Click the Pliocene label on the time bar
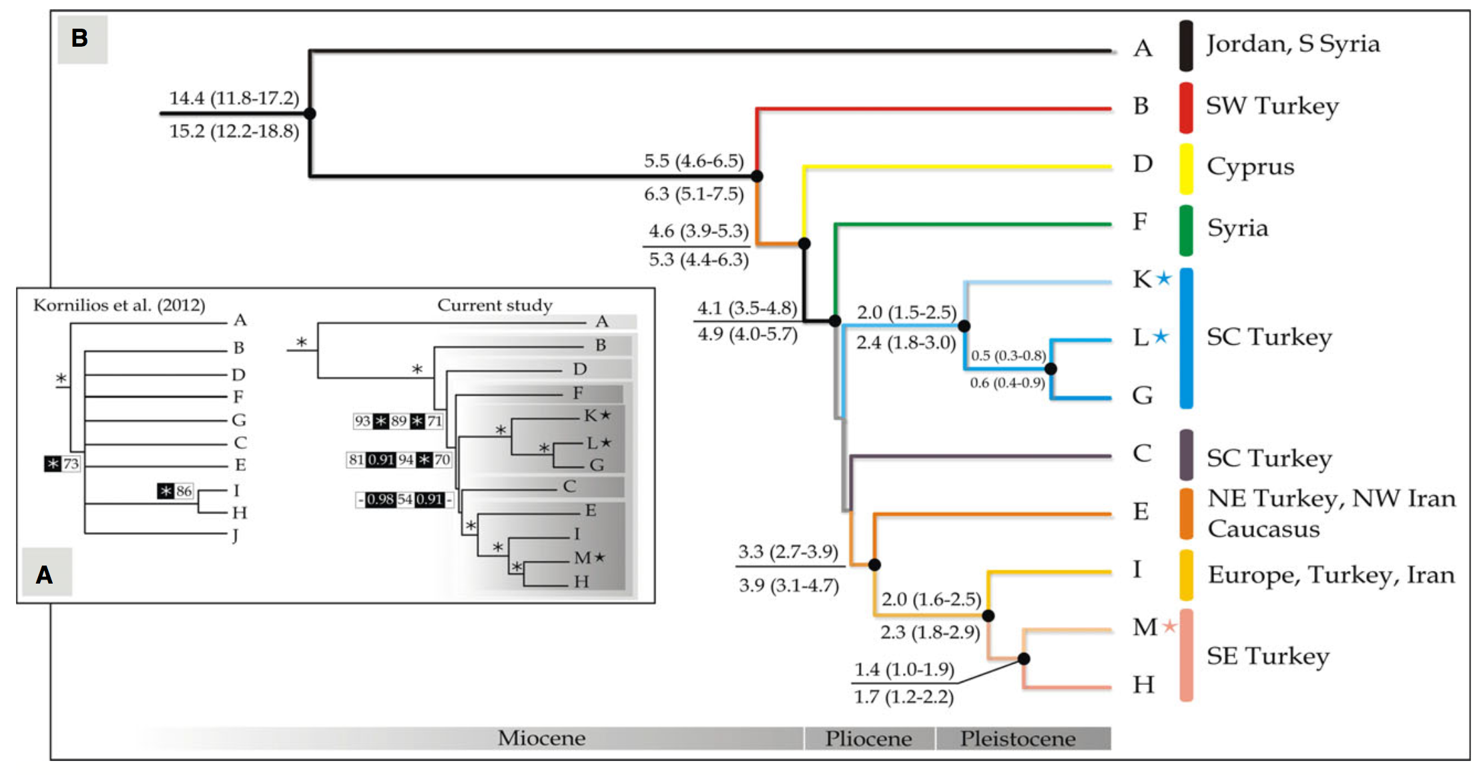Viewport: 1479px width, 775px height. pos(868,739)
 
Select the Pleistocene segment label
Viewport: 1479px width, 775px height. pos(1018,739)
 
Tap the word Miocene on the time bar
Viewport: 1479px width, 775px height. pos(541,738)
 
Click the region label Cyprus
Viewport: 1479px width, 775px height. pos(1250,167)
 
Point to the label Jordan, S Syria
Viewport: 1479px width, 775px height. pos(1293,44)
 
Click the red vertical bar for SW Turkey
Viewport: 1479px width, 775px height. pos(1186,107)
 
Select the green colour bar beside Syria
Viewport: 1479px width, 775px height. pos(1186,230)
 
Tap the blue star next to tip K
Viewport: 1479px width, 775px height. pos(1164,278)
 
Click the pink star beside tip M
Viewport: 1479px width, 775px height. pos(1169,626)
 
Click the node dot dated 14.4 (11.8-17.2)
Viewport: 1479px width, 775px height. pos(310,113)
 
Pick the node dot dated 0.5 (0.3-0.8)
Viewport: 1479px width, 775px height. pos(1051,369)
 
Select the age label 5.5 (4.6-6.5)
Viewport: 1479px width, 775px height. pos(693,161)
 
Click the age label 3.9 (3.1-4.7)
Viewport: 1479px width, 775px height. pos(788,586)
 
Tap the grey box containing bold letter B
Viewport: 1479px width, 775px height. pos(81,39)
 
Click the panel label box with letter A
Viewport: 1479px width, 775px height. pos(45,574)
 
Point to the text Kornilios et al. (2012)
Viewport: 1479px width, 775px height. pos(119,305)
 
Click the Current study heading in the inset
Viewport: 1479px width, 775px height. pos(495,305)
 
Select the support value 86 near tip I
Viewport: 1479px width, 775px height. pos(184,492)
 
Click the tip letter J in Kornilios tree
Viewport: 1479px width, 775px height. pos(236,535)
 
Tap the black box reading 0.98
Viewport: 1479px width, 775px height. pos(380,500)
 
